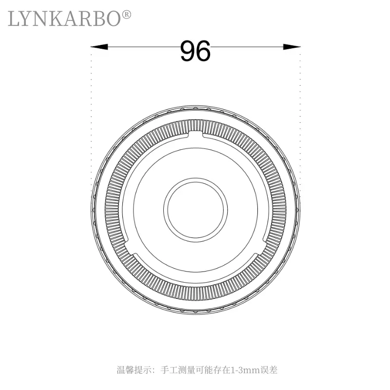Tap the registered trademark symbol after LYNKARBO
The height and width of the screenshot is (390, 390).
126,15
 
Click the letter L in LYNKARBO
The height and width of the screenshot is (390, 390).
14,19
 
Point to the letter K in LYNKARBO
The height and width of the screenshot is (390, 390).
58,19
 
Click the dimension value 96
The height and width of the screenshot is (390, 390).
195,51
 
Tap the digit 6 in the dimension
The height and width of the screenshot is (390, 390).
203,51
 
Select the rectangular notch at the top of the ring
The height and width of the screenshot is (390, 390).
195,133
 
